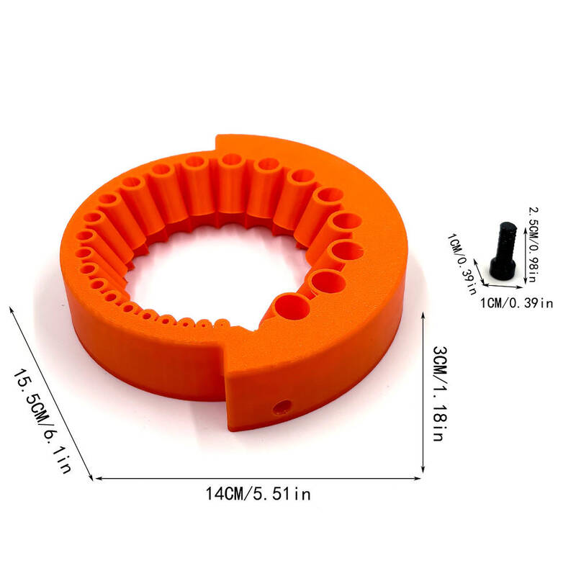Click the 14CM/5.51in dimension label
click(258, 494)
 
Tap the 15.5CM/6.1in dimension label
click(42, 420)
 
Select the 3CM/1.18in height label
click(439, 393)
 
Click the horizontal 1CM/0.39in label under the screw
click(516, 303)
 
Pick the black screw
click(503, 251)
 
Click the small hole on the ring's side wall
click(282, 407)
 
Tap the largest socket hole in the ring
click(292, 307)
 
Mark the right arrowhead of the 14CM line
click(418, 478)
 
